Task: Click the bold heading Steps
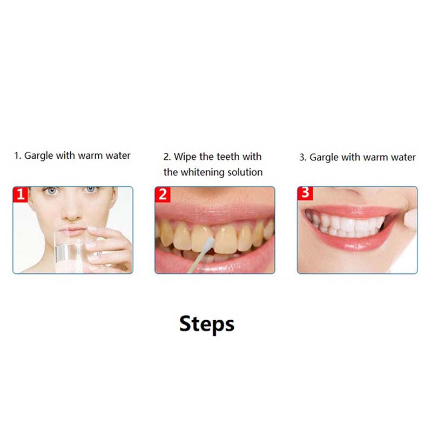pos(207,324)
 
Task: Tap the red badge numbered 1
pos(21,194)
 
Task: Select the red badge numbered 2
pos(163,194)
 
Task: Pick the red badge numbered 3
pos(305,193)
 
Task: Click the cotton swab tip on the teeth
pos(210,244)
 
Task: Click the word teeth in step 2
pos(228,157)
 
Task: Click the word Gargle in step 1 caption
pos(38,156)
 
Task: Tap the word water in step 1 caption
pos(118,156)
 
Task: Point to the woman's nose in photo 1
pos(72,211)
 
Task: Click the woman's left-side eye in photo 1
pos(51,191)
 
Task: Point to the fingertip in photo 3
pos(411,220)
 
